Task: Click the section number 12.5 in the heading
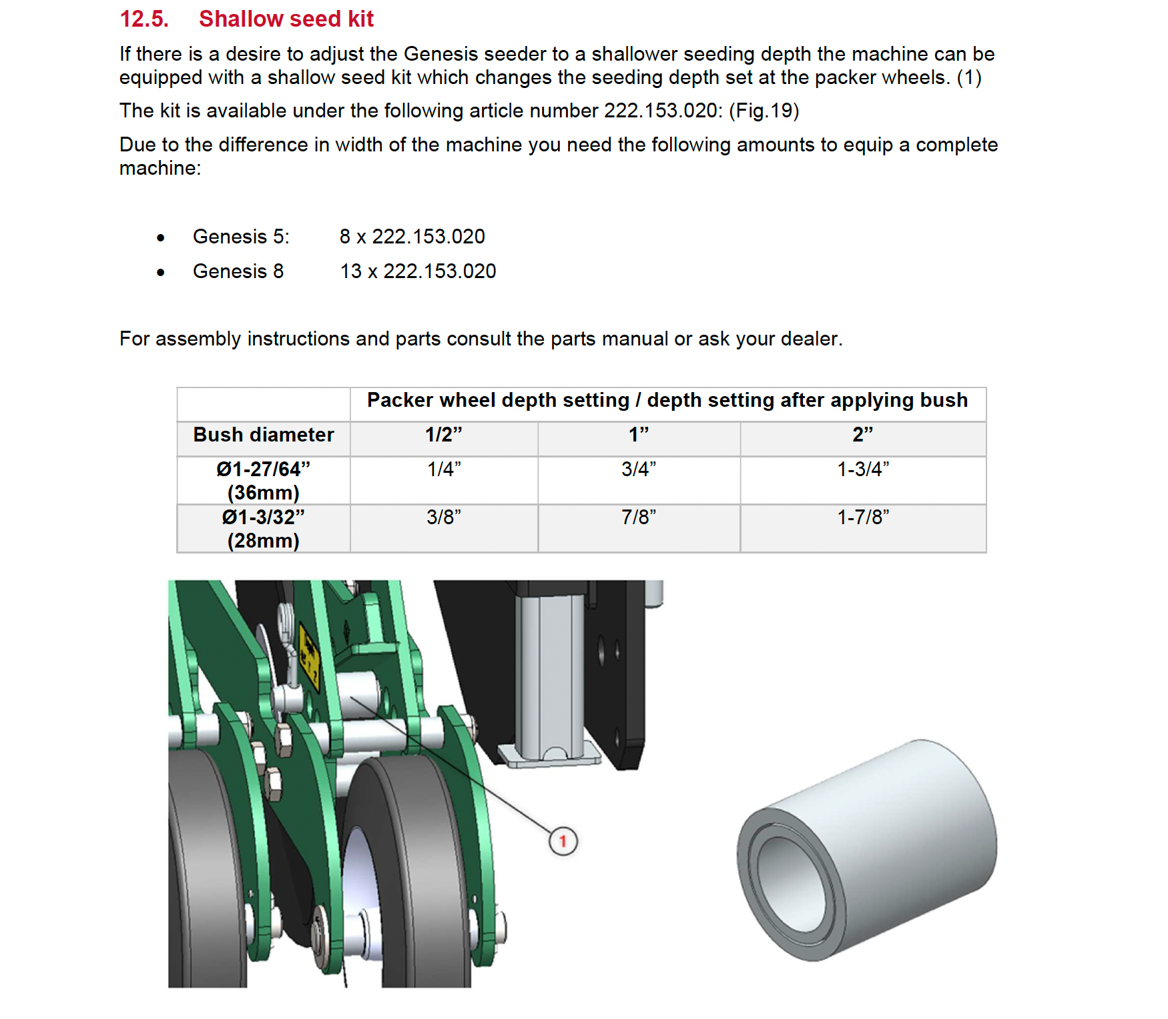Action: click(x=143, y=19)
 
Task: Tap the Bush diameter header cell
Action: click(x=264, y=435)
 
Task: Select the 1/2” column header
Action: click(x=444, y=435)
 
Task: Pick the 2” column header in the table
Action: click(x=862, y=435)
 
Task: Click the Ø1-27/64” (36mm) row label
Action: click(x=264, y=480)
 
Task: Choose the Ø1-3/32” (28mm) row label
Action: click(x=264, y=528)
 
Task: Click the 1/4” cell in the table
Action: click(x=444, y=469)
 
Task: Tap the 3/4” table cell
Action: click(x=639, y=469)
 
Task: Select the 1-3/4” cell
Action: click(x=862, y=469)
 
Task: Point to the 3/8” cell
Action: click(x=444, y=518)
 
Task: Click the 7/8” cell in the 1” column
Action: click(x=639, y=518)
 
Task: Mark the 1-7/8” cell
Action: click(x=862, y=518)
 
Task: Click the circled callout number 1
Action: click(x=563, y=841)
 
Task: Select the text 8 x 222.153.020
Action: click(x=412, y=237)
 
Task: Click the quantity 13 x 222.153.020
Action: click(x=418, y=271)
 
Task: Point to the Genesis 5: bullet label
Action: click(x=241, y=237)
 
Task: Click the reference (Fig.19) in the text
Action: click(x=764, y=111)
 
